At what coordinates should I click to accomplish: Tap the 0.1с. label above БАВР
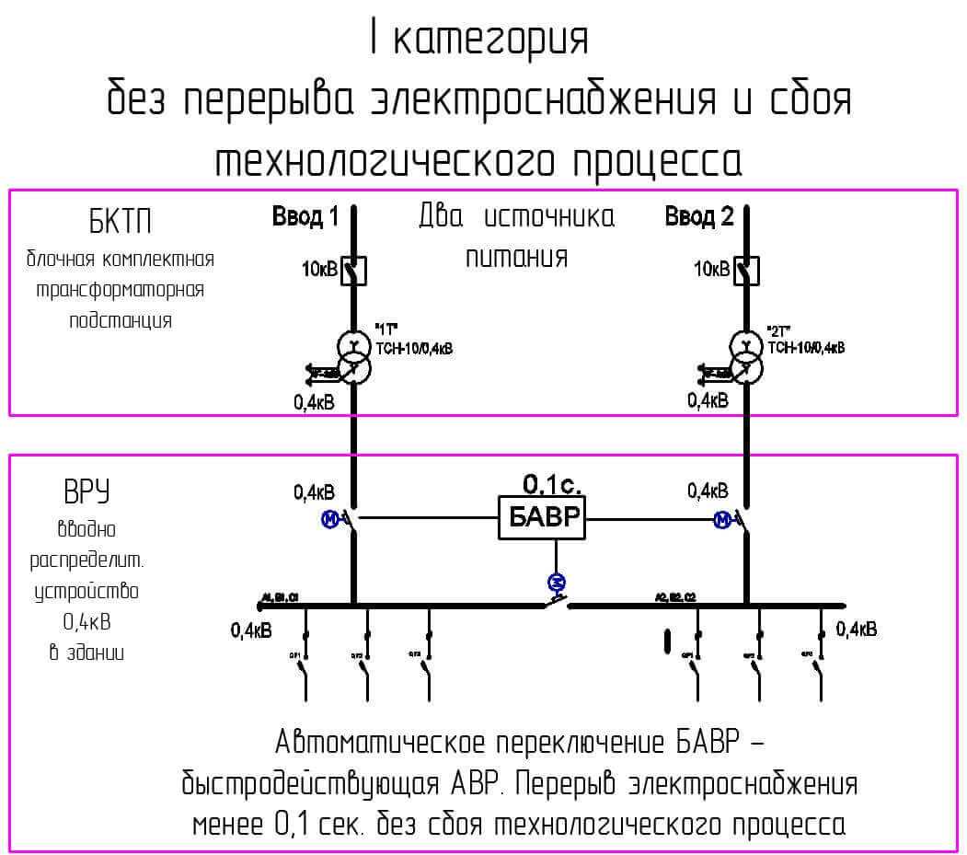click(x=552, y=484)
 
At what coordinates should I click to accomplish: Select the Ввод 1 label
click(x=305, y=216)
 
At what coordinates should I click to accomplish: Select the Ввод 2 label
click(x=699, y=216)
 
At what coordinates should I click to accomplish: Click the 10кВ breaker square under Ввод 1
click(x=355, y=270)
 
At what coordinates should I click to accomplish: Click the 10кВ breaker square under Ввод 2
click(x=747, y=270)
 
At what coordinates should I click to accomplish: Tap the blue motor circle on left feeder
click(x=329, y=521)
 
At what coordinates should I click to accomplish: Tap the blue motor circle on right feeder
click(x=722, y=521)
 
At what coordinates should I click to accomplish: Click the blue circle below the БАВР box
click(x=556, y=581)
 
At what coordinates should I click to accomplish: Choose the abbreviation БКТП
click(x=120, y=222)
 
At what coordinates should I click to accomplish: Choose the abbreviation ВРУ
click(x=86, y=493)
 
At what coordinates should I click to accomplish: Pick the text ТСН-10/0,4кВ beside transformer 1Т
click(x=415, y=349)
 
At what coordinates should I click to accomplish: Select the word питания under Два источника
click(x=515, y=258)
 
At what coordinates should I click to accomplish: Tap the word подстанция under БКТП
click(x=120, y=321)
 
